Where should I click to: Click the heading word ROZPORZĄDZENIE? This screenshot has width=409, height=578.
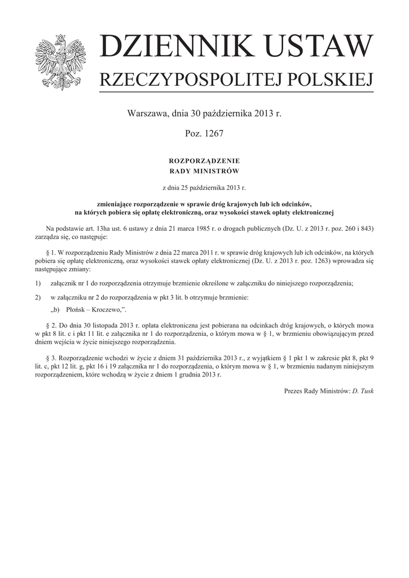click(204, 161)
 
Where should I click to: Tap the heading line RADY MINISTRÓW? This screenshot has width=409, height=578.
click(204, 170)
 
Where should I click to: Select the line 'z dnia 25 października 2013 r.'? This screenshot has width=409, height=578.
click(204, 187)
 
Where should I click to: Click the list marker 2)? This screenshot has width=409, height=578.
click(38, 297)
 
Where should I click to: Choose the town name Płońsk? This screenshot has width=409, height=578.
click(75, 310)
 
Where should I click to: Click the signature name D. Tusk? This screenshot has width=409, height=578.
click(363, 391)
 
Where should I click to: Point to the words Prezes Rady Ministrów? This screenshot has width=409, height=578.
click(316, 391)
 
